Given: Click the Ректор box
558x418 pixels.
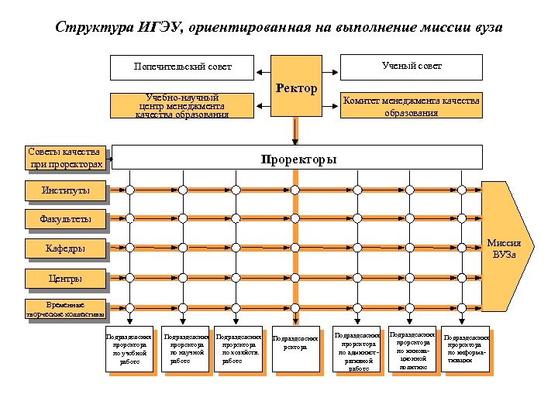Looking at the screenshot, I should [x=295, y=86].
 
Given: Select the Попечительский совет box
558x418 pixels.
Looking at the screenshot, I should [x=182, y=67].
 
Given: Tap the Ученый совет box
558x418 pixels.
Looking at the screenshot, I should [x=412, y=67].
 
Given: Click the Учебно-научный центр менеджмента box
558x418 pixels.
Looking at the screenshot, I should [x=182, y=105].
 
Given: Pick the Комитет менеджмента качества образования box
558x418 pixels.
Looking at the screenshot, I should [x=412, y=105].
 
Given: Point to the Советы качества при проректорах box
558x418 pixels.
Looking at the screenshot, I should [x=66, y=158].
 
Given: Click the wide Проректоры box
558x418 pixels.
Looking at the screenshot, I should [x=298, y=160].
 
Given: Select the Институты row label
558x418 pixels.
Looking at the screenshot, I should [x=66, y=190].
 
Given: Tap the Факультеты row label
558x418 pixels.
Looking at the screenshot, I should [x=66, y=219].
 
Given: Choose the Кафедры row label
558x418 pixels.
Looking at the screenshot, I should [x=66, y=248].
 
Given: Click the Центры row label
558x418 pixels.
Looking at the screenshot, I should [x=66, y=278].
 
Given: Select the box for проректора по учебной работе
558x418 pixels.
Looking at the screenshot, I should [x=131, y=349].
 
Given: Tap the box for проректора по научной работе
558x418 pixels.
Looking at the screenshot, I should [x=185, y=349].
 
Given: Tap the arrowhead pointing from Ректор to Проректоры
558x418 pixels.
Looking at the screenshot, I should [x=295, y=140].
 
